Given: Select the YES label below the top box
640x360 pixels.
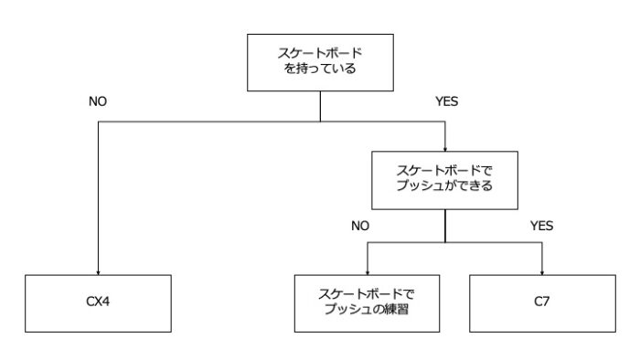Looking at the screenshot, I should pyautogui.click(x=446, y=101).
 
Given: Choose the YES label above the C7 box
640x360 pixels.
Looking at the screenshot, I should pyautogui.click(x=542, y=224).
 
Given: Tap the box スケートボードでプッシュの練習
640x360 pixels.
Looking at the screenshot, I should pyautogui.click(x=367, y=302).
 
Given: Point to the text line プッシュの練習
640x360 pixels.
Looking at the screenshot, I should pyautogui.click(x=367, y=309).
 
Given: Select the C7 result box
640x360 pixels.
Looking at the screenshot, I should pyautogui.click(x=542, y=302).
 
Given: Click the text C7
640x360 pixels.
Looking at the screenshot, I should pyautogui.click(x=542, y=302).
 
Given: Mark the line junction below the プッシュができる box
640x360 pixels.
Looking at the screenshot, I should pyautogui.click(x=445, y=242).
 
